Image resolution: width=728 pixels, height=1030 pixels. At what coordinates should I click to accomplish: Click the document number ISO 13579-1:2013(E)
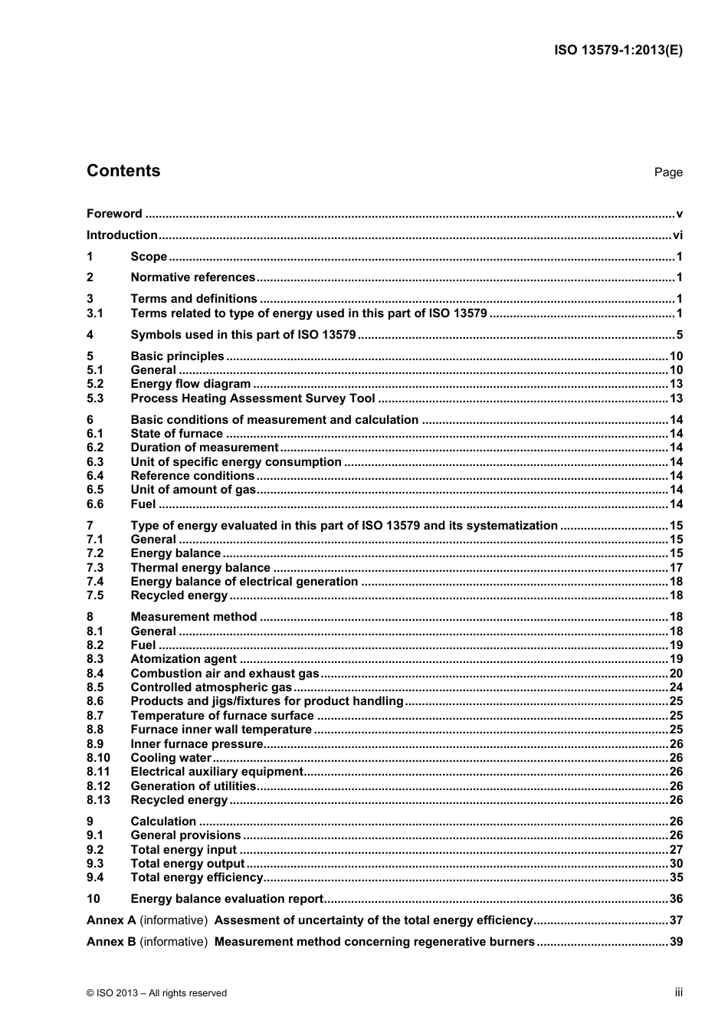(618, 51)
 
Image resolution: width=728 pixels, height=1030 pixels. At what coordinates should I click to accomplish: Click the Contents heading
(123, 171)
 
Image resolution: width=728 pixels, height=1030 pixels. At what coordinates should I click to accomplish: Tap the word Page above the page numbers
(667, 172)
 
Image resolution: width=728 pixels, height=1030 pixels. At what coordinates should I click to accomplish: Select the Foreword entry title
(114, 214)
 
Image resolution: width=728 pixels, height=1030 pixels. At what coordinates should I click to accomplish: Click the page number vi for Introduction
(677, 235)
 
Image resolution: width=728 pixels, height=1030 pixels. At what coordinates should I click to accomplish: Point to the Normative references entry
(192, 277)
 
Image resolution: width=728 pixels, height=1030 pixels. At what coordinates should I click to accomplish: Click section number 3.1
(95, 313)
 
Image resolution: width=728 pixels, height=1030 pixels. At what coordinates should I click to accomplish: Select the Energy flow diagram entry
(190, 384)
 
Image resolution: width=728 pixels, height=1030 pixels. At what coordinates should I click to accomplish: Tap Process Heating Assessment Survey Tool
(253, 399)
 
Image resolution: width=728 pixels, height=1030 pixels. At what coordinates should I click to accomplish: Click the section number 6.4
(95, 476)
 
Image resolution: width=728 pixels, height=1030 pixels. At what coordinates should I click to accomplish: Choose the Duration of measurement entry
(204, 448)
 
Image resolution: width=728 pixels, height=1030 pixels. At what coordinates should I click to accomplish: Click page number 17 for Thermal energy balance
(675, 568)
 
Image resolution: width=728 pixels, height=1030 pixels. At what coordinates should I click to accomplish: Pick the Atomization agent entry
(183, 659)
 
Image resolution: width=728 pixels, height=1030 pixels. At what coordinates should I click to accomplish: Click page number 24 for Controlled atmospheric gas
(675, 687)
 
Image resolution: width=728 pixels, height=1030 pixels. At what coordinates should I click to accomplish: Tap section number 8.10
(98, 758)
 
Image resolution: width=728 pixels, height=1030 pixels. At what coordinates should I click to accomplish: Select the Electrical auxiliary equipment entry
(217, 772)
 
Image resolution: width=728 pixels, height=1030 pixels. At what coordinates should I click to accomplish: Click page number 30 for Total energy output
(675, 864)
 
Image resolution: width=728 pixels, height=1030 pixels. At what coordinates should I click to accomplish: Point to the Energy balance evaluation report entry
(227, 899)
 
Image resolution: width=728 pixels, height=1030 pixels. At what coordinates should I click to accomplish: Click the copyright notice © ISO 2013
(156, 993)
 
